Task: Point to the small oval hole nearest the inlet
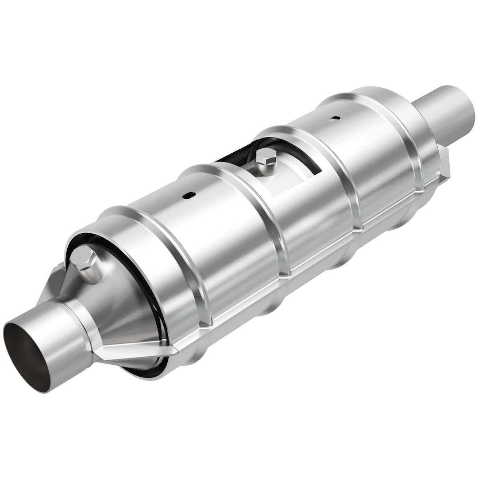(x=189, y=194)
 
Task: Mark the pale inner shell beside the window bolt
(x=288, y=177)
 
